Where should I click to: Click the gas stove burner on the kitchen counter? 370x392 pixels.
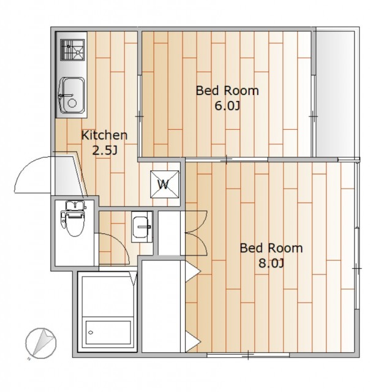coord(72,50)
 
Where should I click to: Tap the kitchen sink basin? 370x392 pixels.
coord(71,96)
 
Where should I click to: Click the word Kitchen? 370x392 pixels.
coord(105,135)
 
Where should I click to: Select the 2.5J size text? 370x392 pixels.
coord(105,151)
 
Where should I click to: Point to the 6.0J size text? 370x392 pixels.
coord(227,106)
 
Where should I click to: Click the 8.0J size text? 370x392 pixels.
coord(271,263)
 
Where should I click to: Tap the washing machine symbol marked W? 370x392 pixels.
coord(165,184)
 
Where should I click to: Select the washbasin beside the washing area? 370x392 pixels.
coord(142,227)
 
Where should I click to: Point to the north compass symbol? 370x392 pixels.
coord(41,343)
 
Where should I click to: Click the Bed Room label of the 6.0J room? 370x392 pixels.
coord(227,91)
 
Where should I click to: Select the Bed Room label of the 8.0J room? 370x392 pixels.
coord(271,248)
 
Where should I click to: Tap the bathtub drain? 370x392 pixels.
coord(91,333)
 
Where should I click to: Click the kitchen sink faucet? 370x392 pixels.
coord(66,96)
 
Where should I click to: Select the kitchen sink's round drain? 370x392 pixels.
coord(72,103)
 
